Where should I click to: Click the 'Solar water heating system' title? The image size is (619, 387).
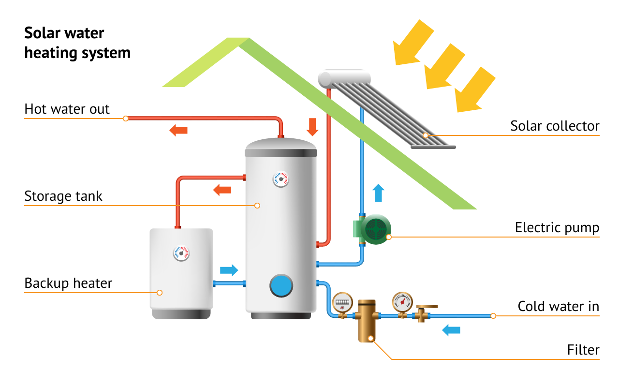pyautogui.click(x=77, y=43)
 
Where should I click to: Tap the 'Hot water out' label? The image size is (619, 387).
pyautogui.click(x=67, y=109)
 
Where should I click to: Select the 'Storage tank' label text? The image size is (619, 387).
pyautogui.click(x=63, y=196)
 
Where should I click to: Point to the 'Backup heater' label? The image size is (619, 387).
pyautogui.click(x=68, y=283)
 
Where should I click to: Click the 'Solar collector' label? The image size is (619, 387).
pyautogui.click(x=555, y=126)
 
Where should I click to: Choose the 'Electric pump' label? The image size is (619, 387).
pyautogui.click(x=557, y=227)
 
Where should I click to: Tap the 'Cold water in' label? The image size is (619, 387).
pyautogui.click(x=558, y=306)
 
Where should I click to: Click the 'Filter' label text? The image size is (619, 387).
pyautogui.click(x=583, y=350)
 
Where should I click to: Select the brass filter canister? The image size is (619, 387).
pyautogui.click(x=367, y=320)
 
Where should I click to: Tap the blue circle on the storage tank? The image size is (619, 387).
pyautogui.click(x=281, y=285)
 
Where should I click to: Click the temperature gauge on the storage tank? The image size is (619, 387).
pyautogui.click(x=280, y=179)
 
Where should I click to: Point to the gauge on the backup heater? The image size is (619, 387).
pyautogui.click(x=181, y=253)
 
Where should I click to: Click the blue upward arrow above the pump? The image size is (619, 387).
pyautogui.click(x=379, y=193)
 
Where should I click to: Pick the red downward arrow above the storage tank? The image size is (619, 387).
pyautogui.click(x=312, y=126)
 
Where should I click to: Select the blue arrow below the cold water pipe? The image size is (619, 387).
pyautogui.click(x=452, y=330)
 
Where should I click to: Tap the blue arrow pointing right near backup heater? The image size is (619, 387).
pyautogui.click(x=229, y=270)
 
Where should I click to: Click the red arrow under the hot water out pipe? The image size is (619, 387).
pyautogui.click(x=178, y=130)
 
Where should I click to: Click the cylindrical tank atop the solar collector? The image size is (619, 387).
pyautogui.click(x=344, y=77)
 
